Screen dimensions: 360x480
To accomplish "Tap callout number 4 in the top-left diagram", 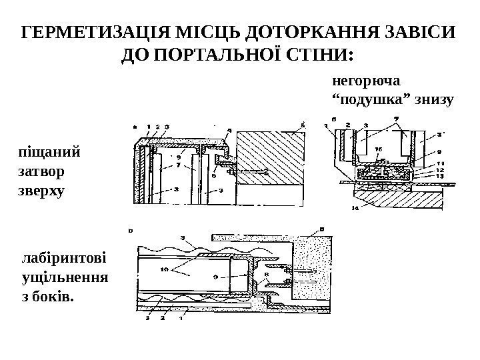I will [229, 131].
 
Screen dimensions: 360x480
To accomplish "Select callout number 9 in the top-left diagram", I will [179, 158].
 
